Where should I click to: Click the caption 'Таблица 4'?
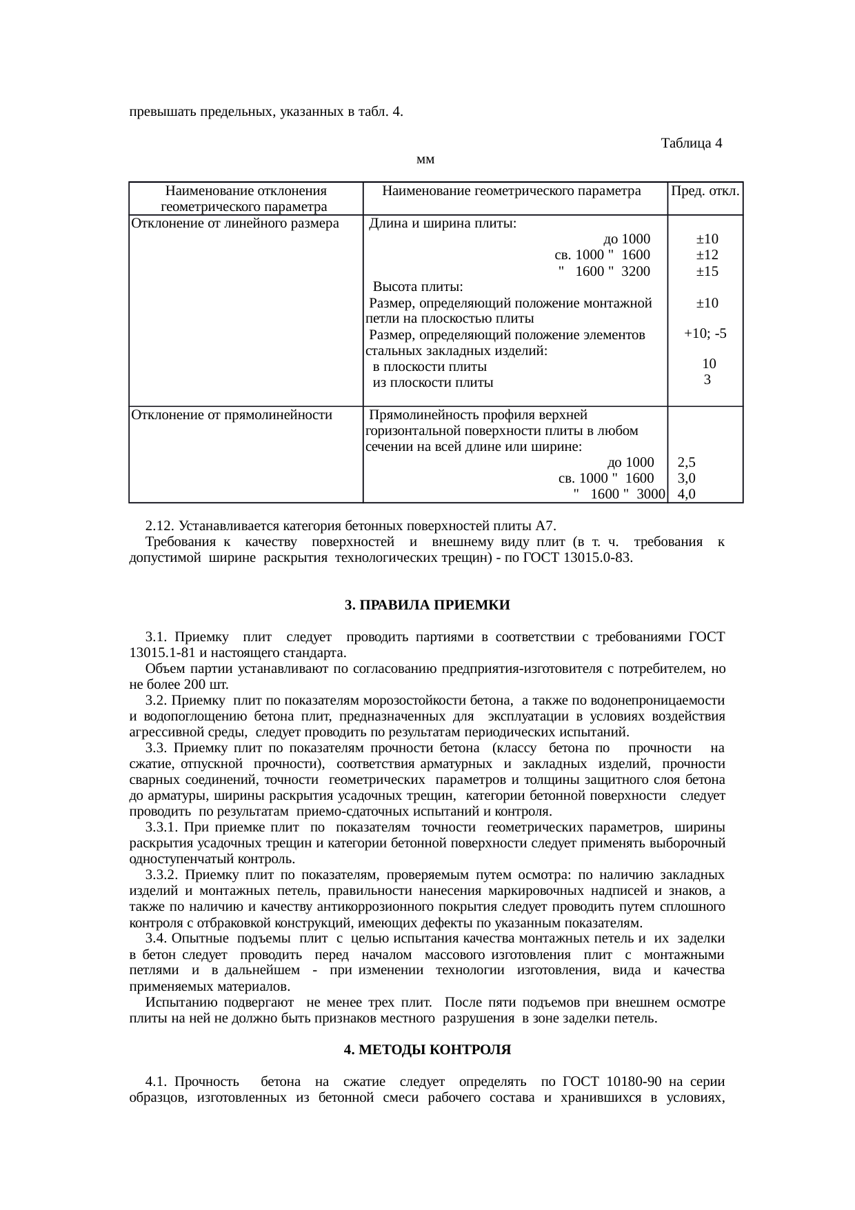tap(691, 143)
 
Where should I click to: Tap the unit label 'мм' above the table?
tap(425, 160)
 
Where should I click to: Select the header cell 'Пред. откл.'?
tap(705, 191)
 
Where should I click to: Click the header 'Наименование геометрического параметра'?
tap(511, 191)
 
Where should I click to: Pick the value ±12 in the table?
tap(707, 255)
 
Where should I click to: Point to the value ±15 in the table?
tap(707, 271)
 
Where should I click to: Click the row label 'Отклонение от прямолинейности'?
tap(232, 415)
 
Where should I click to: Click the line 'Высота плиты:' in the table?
tap(418, 287)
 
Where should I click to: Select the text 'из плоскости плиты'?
tap(432, 383)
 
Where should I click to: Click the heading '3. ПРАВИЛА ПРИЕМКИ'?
tap(427, 605)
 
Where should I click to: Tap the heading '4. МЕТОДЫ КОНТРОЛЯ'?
tap(427, 1050)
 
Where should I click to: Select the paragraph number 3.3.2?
tap(162, 875)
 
